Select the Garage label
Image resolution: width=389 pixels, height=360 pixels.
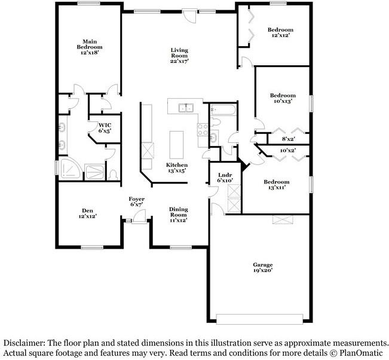pyautogui.click(x=262, y=267)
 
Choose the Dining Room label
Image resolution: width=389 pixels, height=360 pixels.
pyautogui.click(x=178, y=214)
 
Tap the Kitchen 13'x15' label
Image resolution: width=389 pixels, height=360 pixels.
pyautogui.click(x=176, y=167)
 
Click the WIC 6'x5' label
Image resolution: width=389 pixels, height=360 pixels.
pyautogui.click(x=105, y=127)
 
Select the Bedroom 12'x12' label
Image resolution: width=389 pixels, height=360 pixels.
pyautogui.click(x=280, y=32)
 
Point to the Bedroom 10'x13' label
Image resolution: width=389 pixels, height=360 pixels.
pyautogui.click(x=282, y=98)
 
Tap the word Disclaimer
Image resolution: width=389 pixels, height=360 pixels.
pyautogui.click(x=23, y=343)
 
